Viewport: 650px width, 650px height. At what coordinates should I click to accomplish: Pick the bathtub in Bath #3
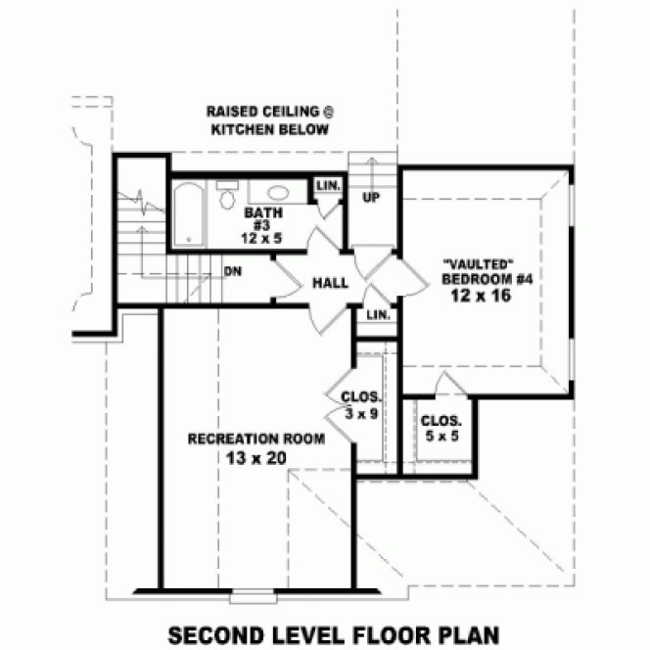[188, 216]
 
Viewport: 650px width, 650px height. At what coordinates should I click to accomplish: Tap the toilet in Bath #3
[226, 200]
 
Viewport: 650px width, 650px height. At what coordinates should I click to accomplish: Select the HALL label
[330, 283]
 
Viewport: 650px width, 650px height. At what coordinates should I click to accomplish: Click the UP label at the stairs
[370, 199]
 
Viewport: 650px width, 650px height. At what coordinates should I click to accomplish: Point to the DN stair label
[233, 271]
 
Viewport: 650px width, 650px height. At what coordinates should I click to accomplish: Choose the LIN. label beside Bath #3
[327, 185]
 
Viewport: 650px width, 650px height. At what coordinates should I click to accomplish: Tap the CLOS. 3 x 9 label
[360, 405]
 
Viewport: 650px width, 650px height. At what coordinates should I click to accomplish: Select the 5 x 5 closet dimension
[441, 436]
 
